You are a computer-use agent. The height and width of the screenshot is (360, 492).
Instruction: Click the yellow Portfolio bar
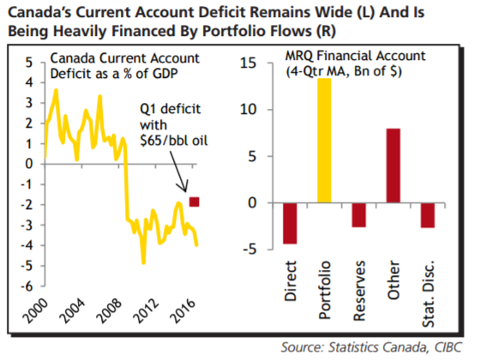coord(324,141)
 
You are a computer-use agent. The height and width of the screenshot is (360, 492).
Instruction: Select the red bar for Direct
coord(290,223)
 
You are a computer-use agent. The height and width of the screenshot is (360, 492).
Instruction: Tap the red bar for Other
coord(393,165)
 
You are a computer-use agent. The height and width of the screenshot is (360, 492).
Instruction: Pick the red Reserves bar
coord(359,215)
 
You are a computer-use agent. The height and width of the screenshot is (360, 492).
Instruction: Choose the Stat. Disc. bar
coord(428,215)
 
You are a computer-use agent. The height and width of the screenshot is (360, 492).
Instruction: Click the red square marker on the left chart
coord(195,201)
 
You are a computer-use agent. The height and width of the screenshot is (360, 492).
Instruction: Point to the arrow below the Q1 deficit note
coord(179,171)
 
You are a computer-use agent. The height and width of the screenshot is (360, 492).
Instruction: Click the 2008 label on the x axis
coord(109,311)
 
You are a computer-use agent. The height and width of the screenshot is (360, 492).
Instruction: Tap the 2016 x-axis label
coord(183,311)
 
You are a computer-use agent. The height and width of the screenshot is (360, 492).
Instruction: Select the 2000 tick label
coord(36,311)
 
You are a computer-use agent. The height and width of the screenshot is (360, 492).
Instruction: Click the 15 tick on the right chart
coord(249,63)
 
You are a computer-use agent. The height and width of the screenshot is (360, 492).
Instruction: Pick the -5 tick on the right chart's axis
coord(249,249)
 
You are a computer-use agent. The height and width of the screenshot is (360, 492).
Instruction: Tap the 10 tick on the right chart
coord(249,110)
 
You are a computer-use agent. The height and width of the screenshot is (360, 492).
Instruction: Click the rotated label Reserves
coord(360,291)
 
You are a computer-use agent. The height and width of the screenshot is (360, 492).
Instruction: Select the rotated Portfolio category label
coord(325,290)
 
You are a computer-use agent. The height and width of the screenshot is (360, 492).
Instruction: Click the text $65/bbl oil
coord(174,141)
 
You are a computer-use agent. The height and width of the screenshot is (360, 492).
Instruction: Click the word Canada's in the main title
coord(39,13)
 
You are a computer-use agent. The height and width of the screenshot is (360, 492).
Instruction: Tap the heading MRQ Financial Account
coord(355,56)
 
